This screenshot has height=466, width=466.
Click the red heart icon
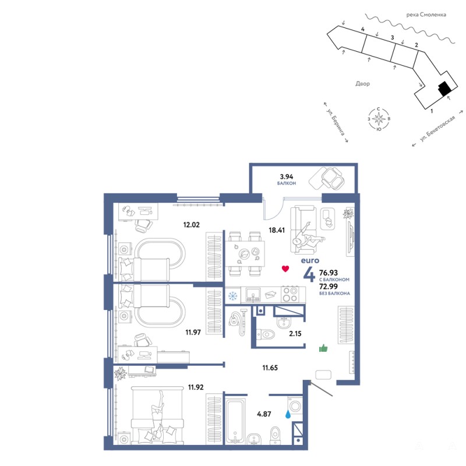click(x=285, y=269)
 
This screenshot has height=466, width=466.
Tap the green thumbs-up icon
click(x=323, y=348)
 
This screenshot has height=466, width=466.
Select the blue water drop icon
click(x=288, y=414)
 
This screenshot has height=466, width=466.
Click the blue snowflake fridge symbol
click(x=232, y=296)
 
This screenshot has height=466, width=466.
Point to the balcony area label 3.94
click(x=287, y=176)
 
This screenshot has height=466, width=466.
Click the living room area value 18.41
click(x=277, y=230)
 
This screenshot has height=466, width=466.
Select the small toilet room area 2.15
click(x=295, y=334)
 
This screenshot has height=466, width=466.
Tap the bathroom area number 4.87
click(x=264, y=414)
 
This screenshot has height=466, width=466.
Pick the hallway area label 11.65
click(x=270, y=368)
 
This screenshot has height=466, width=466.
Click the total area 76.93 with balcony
click(x=329, y=273)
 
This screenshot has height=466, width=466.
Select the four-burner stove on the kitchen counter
click(x=290, y=294)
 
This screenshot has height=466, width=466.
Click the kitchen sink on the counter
click(x=253, y=295)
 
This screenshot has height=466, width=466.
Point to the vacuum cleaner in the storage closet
click(x=238, y=323)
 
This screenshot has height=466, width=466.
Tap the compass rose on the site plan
click(x=379, y=119)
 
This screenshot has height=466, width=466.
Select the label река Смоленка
click(x=426, y=15)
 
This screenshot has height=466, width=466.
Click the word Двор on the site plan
click(x=362, y=83)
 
